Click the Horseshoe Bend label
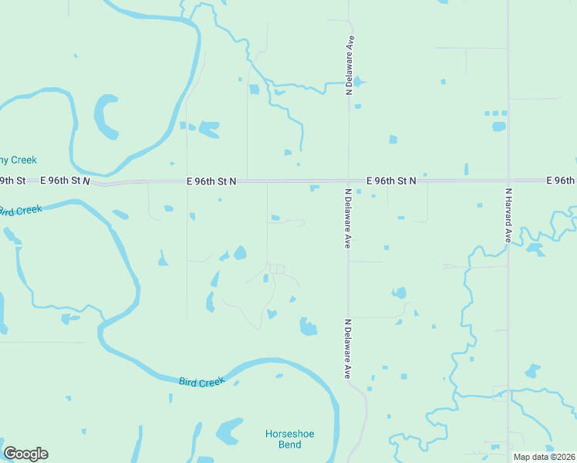point(288,439)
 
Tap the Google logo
point(25,454)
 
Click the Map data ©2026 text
point(543,457)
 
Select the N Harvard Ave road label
point(508,216)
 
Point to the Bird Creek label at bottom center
point(201,381)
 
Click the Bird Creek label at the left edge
point(19,210)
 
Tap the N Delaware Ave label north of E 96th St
point(349,65)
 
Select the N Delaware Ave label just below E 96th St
point(347,219)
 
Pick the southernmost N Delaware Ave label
point(348,349)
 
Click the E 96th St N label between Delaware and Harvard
point(391,180)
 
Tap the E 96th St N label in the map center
point(211,181)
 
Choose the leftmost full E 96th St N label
point(65,180)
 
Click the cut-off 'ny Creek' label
point(18,160)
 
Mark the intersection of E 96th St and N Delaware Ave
point(349,181)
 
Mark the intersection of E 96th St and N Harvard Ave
point(508,181)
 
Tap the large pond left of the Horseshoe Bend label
point(229,431)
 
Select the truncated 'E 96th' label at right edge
point(561,180)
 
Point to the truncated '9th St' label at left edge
point(12,180)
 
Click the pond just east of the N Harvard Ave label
point(534,249)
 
